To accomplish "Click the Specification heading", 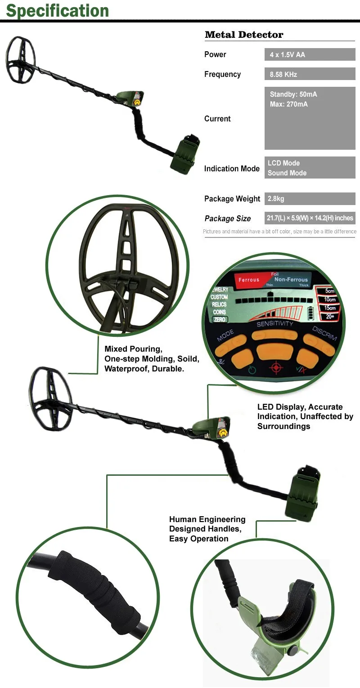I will coord(57,10).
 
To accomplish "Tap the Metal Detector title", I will coord(244,35).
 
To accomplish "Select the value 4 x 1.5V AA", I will coord(287,54).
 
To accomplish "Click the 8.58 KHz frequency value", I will coord(283,74).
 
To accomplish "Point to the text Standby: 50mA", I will coord(293,94).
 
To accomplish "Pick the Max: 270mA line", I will coord(289,104).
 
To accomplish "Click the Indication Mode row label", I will coord(232,169).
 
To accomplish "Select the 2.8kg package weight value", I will coord(276,198).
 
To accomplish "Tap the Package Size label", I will coord(227,219).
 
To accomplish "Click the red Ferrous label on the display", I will coord(249,280).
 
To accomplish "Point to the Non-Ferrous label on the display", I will coord(291,280).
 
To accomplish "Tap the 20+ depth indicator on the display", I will coord(329,317).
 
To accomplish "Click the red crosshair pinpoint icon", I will coord(275,368).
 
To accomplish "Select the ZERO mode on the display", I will coord(220,319).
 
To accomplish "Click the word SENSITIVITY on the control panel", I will coord(274,324).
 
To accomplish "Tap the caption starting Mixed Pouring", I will coord(152,358).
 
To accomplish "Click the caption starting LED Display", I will coord(305,416).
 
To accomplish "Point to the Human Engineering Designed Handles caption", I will coord(207,529).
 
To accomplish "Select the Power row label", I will coord(215,54).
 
